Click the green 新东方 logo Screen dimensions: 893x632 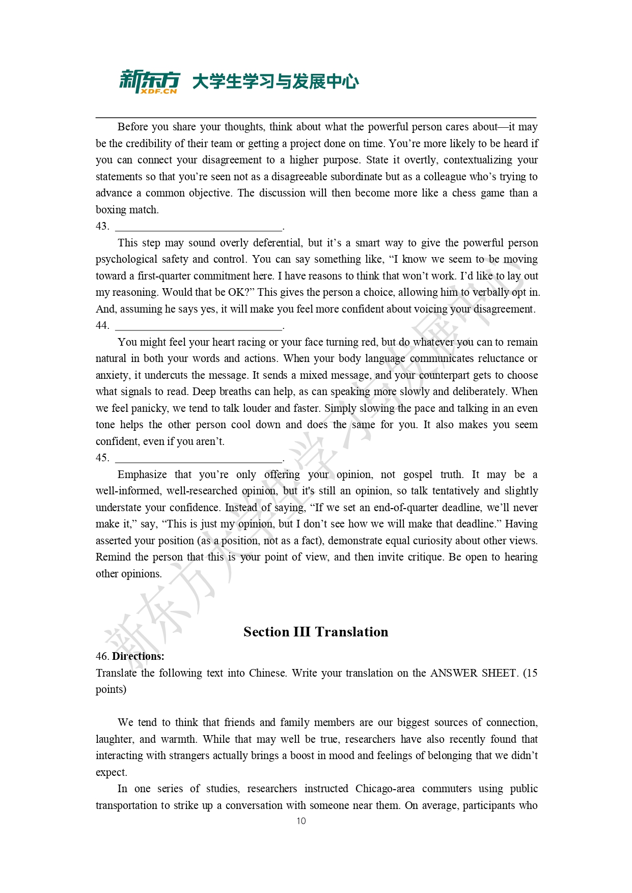click(x=149, y=79)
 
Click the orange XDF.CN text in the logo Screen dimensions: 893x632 click(x=158, y=91)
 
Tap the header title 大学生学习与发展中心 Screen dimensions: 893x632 click(x=275, y=81)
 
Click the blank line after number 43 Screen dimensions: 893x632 click(x=199, y=228)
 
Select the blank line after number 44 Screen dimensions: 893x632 click(x=199, y=327)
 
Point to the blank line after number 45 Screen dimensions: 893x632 click(x=199, y=459)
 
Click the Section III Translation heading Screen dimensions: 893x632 click(x=316, y=632)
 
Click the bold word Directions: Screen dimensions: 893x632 click(x=138, y=656)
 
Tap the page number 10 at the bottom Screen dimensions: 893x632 click(x=301, y=821)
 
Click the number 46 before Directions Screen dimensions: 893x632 click(x=102, y=656)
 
